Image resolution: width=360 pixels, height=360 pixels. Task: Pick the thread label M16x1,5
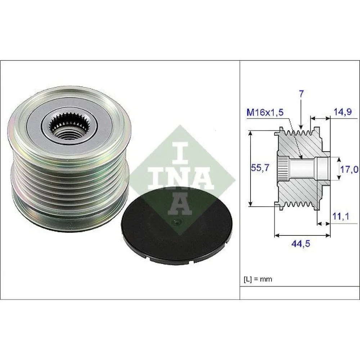point(265,113)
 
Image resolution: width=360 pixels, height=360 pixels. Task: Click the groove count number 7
point(301,94)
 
